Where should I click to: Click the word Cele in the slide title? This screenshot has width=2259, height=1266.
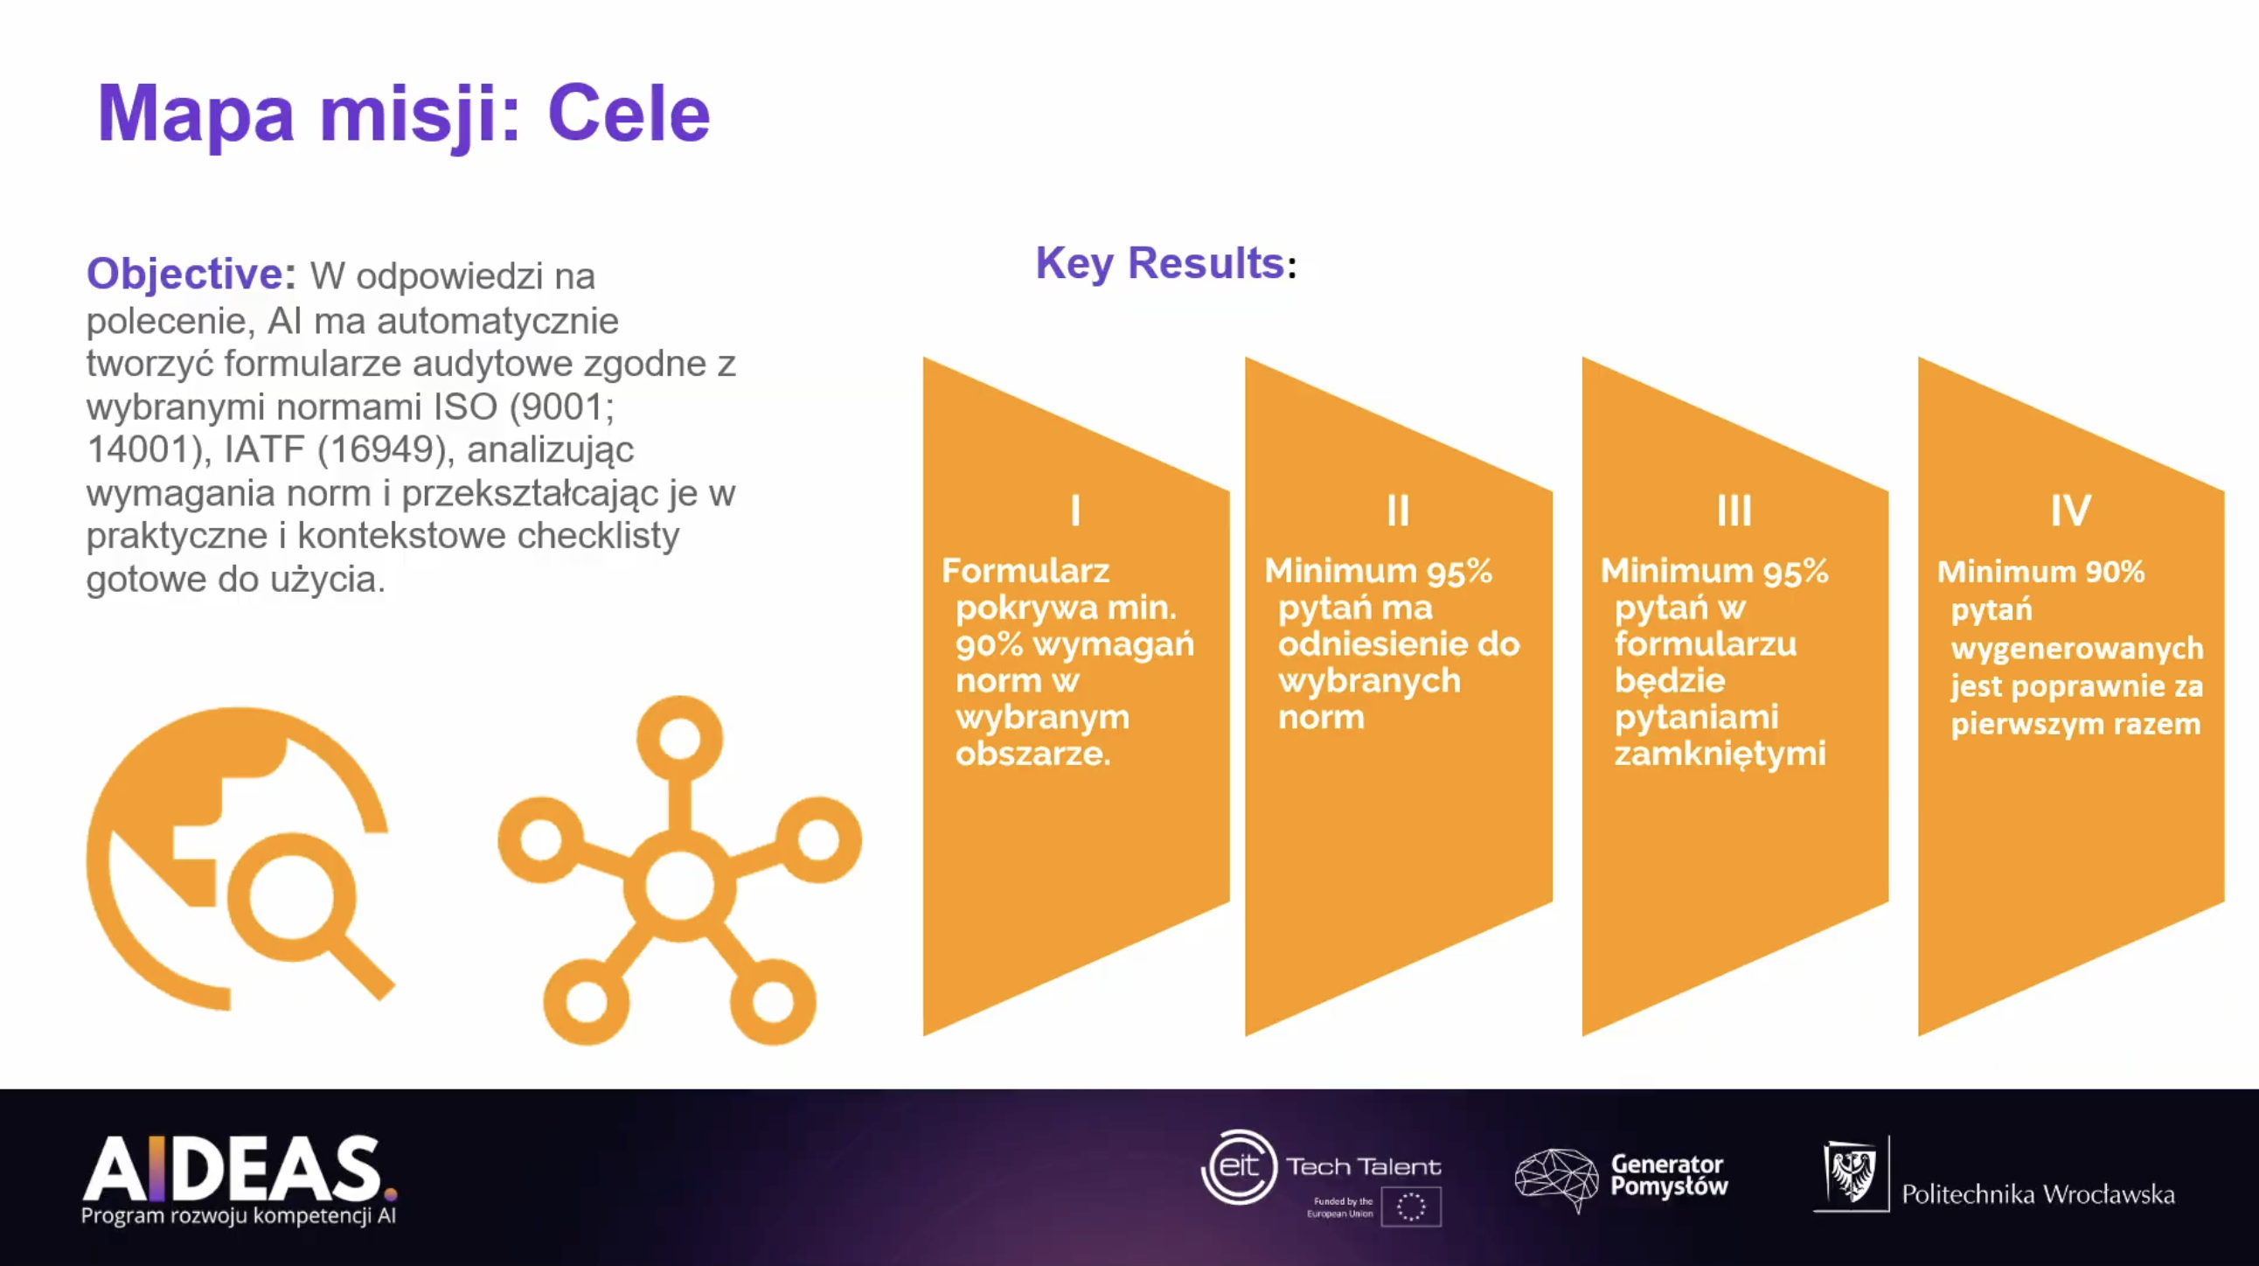click(628, 114)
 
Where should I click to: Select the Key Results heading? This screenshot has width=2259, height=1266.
click(1165, 263)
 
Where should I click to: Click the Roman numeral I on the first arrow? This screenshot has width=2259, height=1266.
click(1075, 511)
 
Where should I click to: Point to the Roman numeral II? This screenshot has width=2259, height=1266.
click(1398, 511)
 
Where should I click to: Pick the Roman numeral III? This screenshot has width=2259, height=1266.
click(1734, 511)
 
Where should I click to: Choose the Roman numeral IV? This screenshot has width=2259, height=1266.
click(2070, 511)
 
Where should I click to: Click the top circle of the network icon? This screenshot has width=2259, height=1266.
click(679, 738)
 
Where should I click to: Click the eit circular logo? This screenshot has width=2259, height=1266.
click(1238, 1166)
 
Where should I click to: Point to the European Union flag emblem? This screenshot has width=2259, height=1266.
click(1411, 1207)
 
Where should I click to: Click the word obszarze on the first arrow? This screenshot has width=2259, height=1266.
click(1032, 753)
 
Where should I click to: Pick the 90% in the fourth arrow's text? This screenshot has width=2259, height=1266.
click(2114, 572)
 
